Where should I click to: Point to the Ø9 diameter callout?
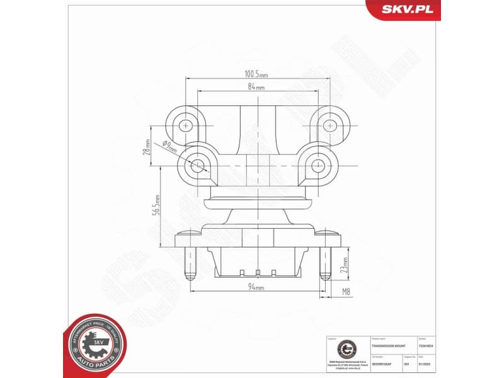pos(169,146)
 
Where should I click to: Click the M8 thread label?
pos(345,291)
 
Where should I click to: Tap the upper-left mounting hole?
pos(186,125)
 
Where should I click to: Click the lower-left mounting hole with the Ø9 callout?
pos(198,166)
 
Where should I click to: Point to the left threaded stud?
pos(188,263)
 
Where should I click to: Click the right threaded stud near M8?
pos(324,263)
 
